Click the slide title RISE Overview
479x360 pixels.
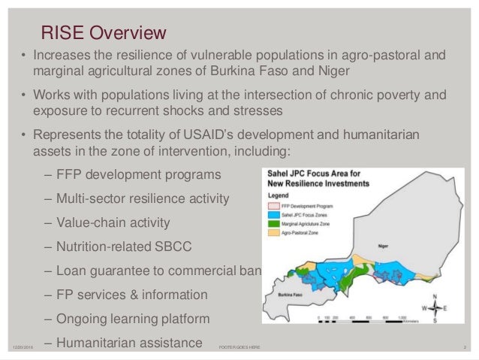point(103,34)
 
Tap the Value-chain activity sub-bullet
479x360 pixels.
point(112,223)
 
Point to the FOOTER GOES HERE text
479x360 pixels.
point(239,347)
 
